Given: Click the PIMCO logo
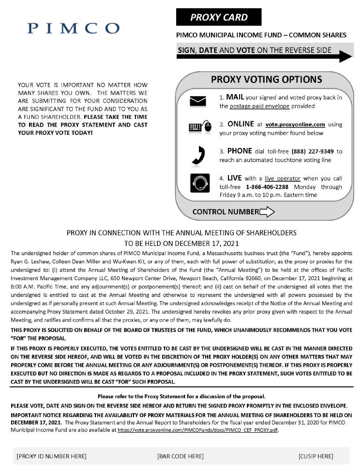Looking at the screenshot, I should click(73, 28).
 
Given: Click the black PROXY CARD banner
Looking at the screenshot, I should click(219, 17).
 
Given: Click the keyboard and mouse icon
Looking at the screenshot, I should click(200, 127).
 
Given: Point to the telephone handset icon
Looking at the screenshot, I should click(200, 155).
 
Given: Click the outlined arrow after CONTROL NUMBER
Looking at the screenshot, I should click(267, 211).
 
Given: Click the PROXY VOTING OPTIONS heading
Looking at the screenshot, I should click(266, 79).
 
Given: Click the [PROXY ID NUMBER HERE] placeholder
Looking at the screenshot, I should click(51, 456).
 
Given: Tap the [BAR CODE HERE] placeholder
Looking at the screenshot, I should click(180, 456).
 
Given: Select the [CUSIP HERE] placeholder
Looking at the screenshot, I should click(316, 456).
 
